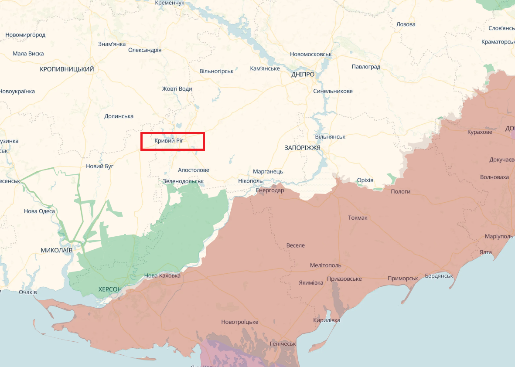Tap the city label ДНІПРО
tap(303, 75)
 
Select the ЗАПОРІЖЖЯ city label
tap(302, 148)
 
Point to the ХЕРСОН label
tap(110, 289)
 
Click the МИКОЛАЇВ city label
tap(56, 250)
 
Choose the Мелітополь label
tap(325, 265)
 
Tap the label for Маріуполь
tap(499, 236)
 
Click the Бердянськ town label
tap(439, 276)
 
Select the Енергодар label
tap(269, 190)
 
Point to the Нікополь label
tap(250, 180)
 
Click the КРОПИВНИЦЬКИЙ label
tap(67, 69)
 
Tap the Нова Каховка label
tap(162, 275)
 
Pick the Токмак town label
tap(358, 217)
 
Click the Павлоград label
tap(366, 67)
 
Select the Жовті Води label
tap(177, 88)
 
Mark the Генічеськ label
tap(283, 343)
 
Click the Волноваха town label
tap(494, 177)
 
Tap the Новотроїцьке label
tap(239, 322)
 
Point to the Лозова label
tap(406, 24)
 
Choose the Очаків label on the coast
tap(28, 292)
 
